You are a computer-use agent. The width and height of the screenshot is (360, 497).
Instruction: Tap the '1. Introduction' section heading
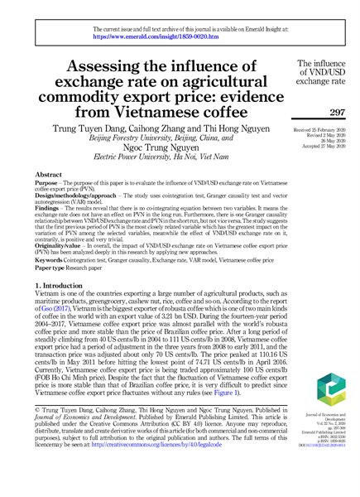(63, 262)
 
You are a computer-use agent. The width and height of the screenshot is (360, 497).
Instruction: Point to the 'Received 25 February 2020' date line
(319, 130)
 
